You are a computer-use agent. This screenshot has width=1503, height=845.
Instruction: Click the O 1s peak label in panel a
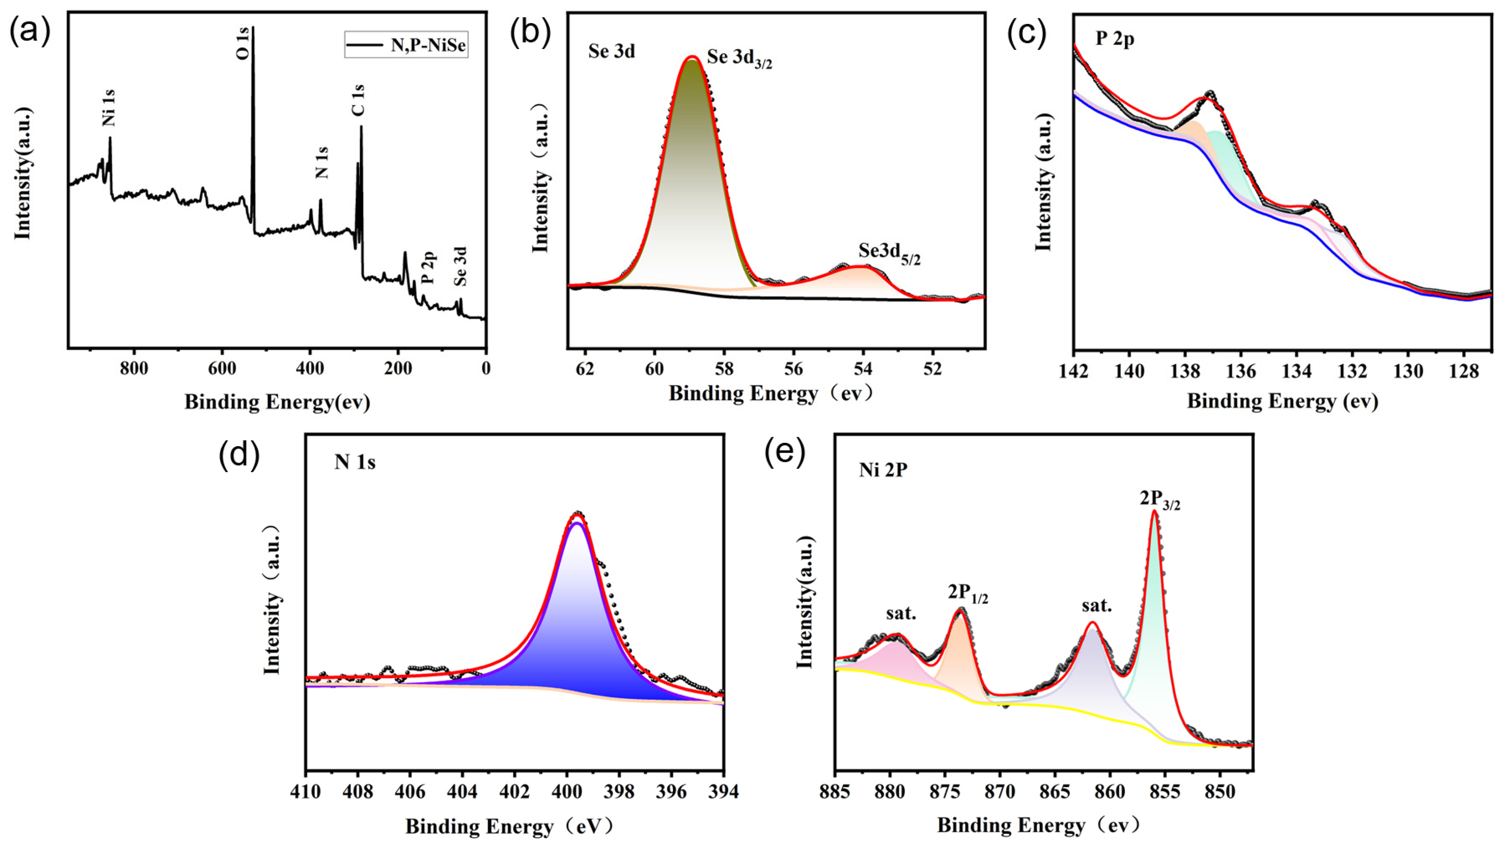(244, 43)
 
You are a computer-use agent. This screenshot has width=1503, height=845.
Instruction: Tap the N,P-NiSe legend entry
(406, 44)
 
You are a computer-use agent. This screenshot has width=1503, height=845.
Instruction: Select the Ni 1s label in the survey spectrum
(108, 108)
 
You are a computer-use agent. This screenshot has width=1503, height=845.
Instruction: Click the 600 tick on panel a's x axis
(222, 369)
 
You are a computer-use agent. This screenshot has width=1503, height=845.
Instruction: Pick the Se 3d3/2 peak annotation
(739, 59)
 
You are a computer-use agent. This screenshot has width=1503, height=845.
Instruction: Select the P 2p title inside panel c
(1115, 39)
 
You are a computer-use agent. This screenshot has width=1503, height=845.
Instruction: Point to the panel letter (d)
(239, 455)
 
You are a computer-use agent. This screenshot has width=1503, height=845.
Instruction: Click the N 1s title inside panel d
(355, 462)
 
